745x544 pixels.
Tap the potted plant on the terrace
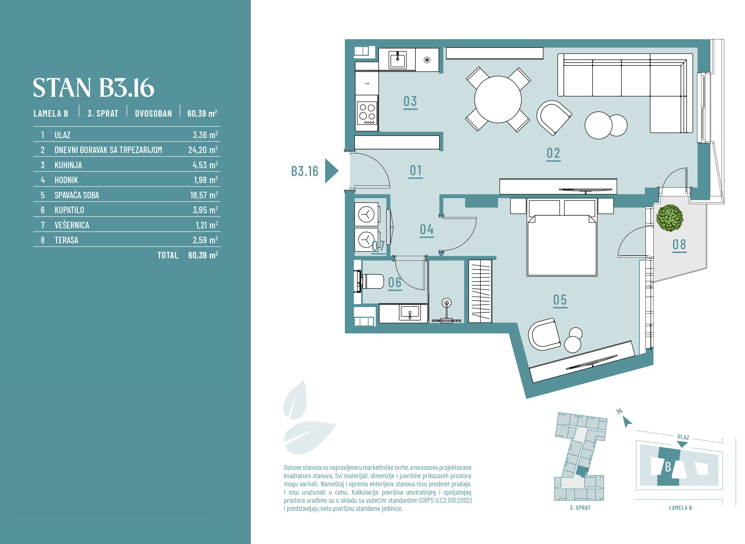[x=669, y=218]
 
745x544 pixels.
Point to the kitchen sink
[x=397, y=60]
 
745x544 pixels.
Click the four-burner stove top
[x=367, y=113]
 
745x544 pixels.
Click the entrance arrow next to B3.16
[x=331, y=171]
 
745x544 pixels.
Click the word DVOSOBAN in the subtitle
[x=153, y=114]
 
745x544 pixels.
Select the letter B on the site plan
[x=668, y=467]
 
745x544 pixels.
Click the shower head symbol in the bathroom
[x=446, y=303]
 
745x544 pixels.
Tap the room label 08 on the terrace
[x=679, y=245]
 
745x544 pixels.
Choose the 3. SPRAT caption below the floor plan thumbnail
[x=580, y=508]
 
